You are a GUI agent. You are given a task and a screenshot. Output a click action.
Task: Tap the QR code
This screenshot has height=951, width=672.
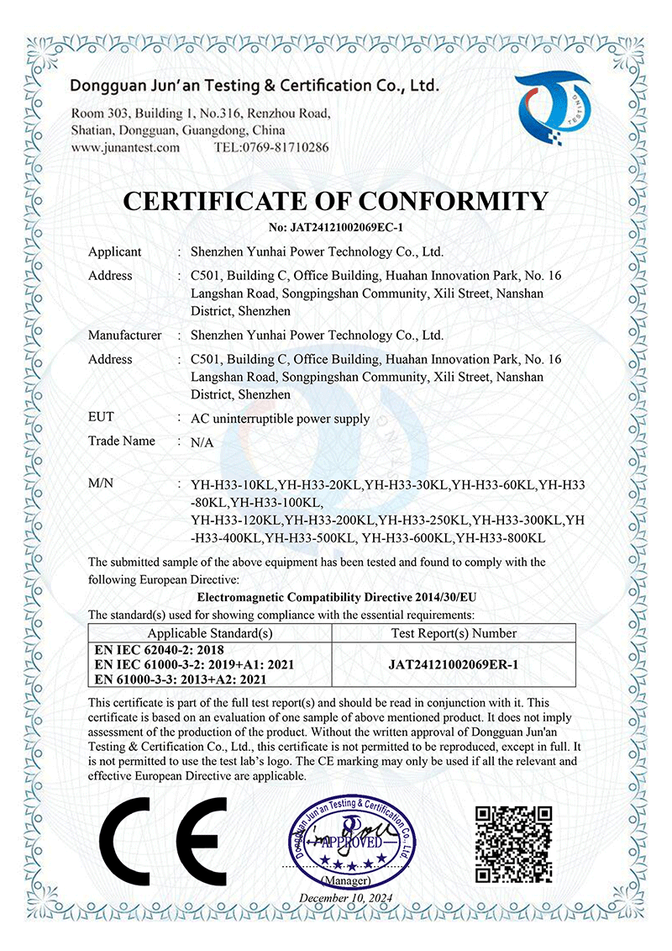514,843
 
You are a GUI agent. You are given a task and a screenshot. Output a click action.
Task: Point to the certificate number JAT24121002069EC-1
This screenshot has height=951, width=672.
336,227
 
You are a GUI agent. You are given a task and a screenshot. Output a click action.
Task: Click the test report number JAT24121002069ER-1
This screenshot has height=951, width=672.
454,664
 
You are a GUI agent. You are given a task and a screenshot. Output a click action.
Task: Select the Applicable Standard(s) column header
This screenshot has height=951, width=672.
210,633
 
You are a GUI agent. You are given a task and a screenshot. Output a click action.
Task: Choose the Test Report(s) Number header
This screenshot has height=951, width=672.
454,633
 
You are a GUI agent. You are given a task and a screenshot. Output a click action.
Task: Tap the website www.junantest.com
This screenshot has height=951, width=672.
125,147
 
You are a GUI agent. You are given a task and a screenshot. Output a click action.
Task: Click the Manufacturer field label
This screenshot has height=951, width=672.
124,335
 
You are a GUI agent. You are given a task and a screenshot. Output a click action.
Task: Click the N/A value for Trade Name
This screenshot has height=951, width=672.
202,441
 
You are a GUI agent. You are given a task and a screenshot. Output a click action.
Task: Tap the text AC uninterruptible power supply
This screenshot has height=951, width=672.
280,418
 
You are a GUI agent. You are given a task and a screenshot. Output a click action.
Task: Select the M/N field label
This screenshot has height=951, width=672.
102,484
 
